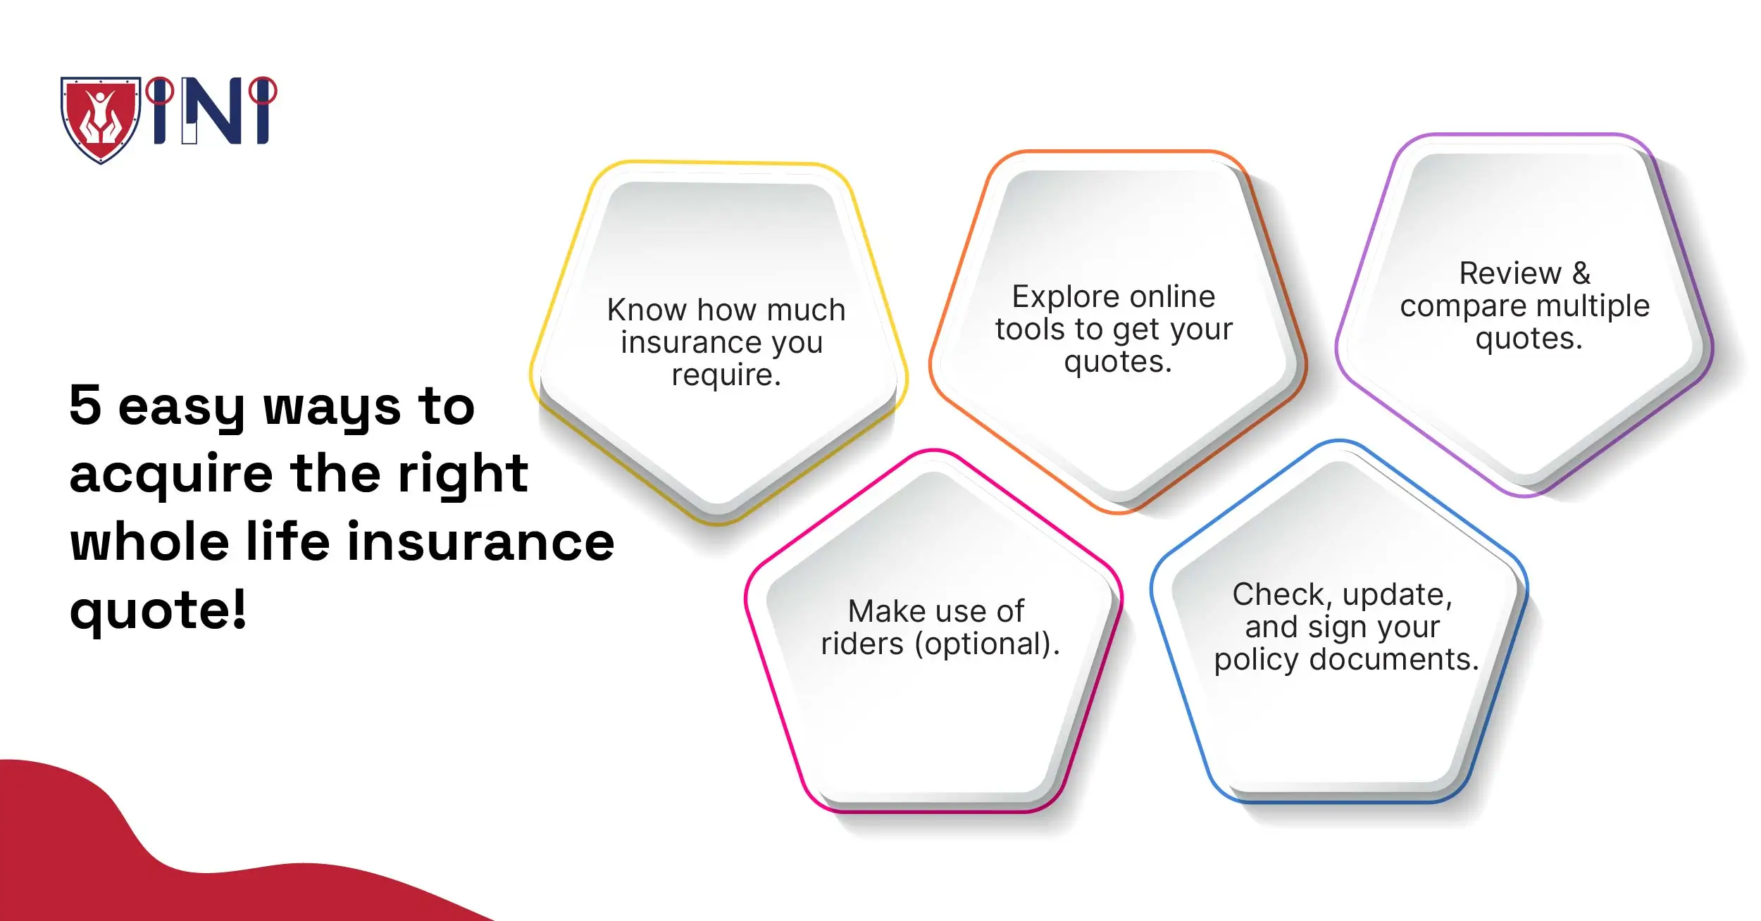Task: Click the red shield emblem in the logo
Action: point(101,118)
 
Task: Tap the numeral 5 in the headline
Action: point(85,405)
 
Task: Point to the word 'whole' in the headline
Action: point(149,542)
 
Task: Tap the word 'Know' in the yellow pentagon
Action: point(646,310)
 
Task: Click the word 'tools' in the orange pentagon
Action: point(1029,330)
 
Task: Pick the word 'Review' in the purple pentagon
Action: point(1510,273)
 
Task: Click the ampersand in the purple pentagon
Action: point(1581,273)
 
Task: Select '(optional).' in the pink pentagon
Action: point(987,644)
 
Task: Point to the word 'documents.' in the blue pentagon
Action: point(1393,660)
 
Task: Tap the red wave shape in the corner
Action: point(106,859)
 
